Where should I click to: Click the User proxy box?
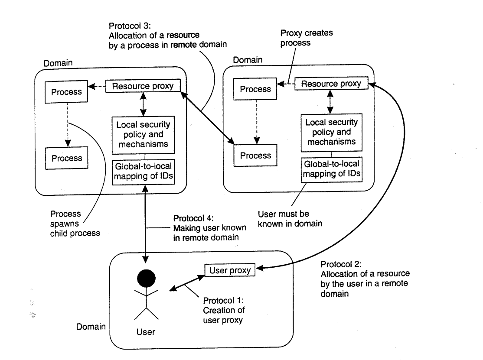(230, 270)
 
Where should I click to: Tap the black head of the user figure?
(146, 279)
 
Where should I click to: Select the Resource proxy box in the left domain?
(143, 86)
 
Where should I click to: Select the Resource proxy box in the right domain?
(331, 83)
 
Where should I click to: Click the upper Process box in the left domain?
(66, 92)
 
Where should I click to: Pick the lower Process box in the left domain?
(66, 158)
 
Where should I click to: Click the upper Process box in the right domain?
(255, 89)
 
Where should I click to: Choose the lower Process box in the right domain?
(255, 156)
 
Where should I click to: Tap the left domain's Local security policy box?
(143, 135)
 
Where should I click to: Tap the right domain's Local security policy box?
(331, 132)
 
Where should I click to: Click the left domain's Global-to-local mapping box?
(144, 172)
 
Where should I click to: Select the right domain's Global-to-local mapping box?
(332, 169)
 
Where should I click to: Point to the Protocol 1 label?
(224, 310)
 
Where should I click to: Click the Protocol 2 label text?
(365, 279)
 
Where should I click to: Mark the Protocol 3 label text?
(167, 36)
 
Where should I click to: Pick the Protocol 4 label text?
(210, 228)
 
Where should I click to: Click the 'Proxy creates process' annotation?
(307, 38)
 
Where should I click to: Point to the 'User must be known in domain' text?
(290, 218)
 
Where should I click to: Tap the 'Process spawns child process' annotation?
(75, 224)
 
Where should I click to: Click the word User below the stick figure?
(146, 332)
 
